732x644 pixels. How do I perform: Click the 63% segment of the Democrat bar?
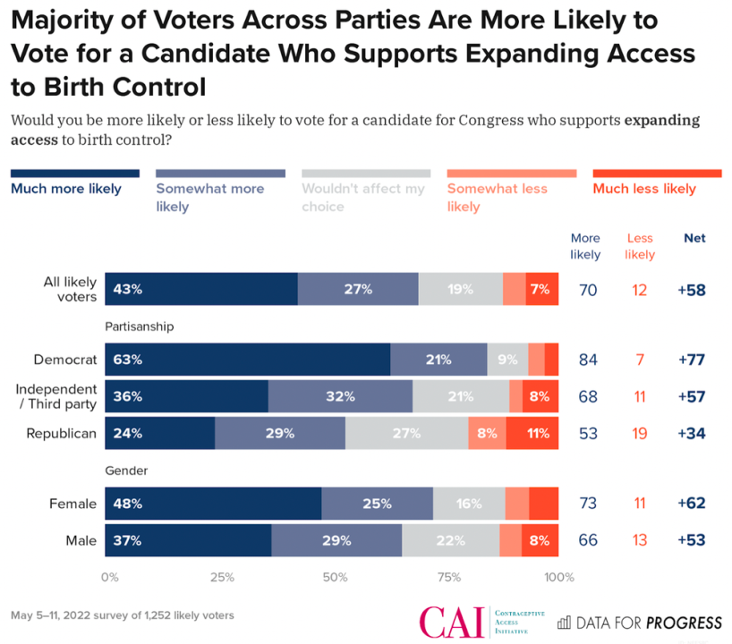point(248,360)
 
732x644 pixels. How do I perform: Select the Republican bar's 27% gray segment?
point(406,434)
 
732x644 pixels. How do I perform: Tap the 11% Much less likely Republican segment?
point(532,434)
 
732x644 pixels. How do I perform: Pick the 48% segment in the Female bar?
point(213,504)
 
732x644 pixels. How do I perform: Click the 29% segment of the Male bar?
point(336,540)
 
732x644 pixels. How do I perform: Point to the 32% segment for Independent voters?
point(340,396)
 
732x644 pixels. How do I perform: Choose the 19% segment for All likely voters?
point(460,289)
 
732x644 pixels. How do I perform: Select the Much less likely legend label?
point(644,189)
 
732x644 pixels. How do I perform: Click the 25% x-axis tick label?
point(221,577)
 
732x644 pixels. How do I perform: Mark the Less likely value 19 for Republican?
point(640,434)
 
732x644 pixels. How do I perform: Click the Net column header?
point(694,238)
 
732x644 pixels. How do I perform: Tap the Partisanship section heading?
point(139,326)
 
